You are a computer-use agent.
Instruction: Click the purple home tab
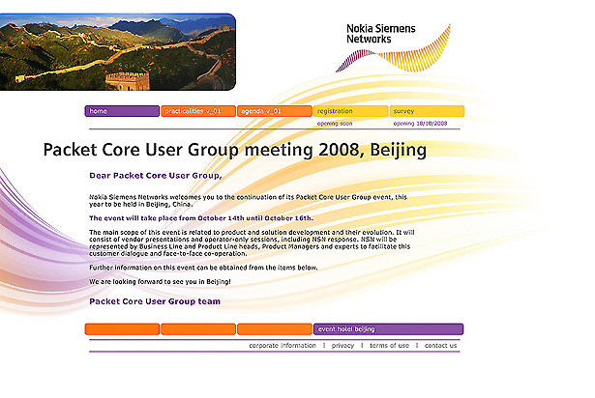121,111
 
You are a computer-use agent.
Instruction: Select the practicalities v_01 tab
197,111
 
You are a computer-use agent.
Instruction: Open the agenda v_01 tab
274,111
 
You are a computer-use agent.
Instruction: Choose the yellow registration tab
350,111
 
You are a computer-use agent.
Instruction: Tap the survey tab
427,111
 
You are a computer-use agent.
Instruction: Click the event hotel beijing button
388,329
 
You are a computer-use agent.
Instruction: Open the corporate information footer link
282,345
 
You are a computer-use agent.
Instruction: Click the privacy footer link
342,345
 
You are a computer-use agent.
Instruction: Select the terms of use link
389,345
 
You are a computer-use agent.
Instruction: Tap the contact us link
440,345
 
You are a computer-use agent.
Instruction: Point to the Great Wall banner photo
116,51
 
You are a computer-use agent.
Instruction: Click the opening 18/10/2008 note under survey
420,124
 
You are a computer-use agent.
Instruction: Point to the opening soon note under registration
335,124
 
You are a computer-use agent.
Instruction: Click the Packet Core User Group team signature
154,301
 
